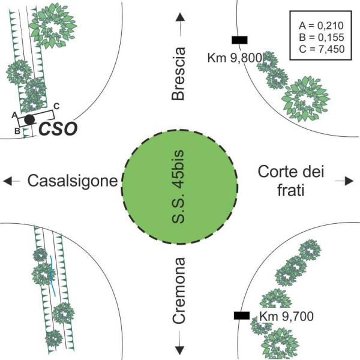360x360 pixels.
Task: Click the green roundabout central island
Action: pyautogui.click(x=179, y=187)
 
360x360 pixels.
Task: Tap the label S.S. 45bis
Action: pyautogui.click(x=178, y=187)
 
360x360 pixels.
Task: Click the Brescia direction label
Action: pyautogui.click(x=178, y=74)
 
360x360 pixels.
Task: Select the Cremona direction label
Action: pyautogui.click(x=179, y=290)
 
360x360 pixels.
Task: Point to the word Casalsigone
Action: pyautogui.click(x=73, y=181)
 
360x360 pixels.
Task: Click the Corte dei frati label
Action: pyautogui.click(x=291, y=181)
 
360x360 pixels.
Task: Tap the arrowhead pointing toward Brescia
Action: pyautogui.click(x=181, y=17)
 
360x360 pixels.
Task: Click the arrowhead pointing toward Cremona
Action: pyautogui.click(x=180, y=350)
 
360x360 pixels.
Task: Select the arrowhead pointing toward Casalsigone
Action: pyautogui.click(x=7, y=181)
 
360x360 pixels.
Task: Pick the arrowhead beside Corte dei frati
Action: pyautogui.click(x=349, y=181)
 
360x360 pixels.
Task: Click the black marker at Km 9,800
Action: pyautogui.click(x=239, y=40)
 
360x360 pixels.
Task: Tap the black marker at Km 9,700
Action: pyautogui.click(x=242, y=316)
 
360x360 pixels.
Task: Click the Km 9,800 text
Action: pyautogui.click(x=235, y=58)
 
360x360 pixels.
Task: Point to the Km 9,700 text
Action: pyautogui.click(x=287, y=316)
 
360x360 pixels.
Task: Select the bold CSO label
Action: pyautogui.click(x=58, y=129)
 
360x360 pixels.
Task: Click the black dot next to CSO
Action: pyautogui.click(x=29, y=119)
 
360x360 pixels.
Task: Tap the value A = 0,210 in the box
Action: pyautogui.click(x=321, y=26)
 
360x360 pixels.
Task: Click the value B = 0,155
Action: pyautogui.click(x=322, y=37)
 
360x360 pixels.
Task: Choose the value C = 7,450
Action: pyautogui.click(x=322, y=49)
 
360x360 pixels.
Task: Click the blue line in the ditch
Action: pyautogui.click(x=52, y=275)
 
